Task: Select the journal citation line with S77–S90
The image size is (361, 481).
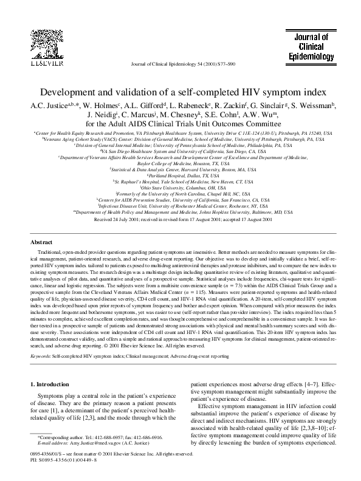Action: pos(180,63)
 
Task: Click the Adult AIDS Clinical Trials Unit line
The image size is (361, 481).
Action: pos(180,123)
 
